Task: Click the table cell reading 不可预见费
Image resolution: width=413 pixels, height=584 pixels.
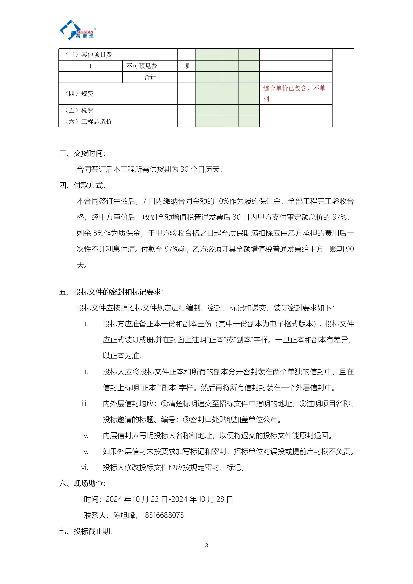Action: pos(142,66)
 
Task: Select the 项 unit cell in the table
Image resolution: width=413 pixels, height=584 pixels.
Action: pos(186,66)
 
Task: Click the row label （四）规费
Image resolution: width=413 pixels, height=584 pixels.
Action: pos(79,94)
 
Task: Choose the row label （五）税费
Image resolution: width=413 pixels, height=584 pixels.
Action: pos(79,110)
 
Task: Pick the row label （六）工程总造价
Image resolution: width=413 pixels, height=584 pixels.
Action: pos(88,122)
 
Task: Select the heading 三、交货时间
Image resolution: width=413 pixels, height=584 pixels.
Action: pos(82,153)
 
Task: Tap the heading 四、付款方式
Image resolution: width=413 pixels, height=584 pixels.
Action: pos(82,185)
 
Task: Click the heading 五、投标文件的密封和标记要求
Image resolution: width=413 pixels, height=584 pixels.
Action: pos(111,292)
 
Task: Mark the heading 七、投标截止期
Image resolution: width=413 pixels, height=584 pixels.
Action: pos(86,531)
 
